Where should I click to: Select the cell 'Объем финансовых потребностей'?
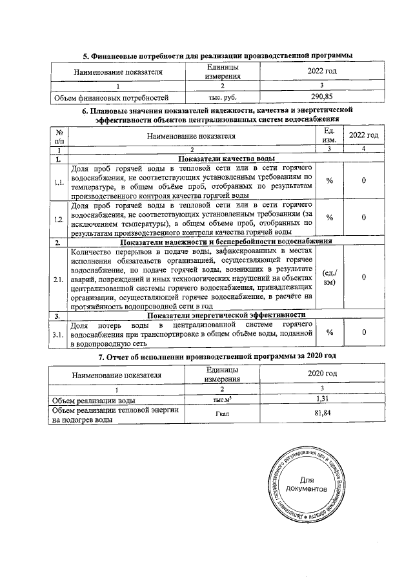(114, 97)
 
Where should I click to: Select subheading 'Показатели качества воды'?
(227, 159)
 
